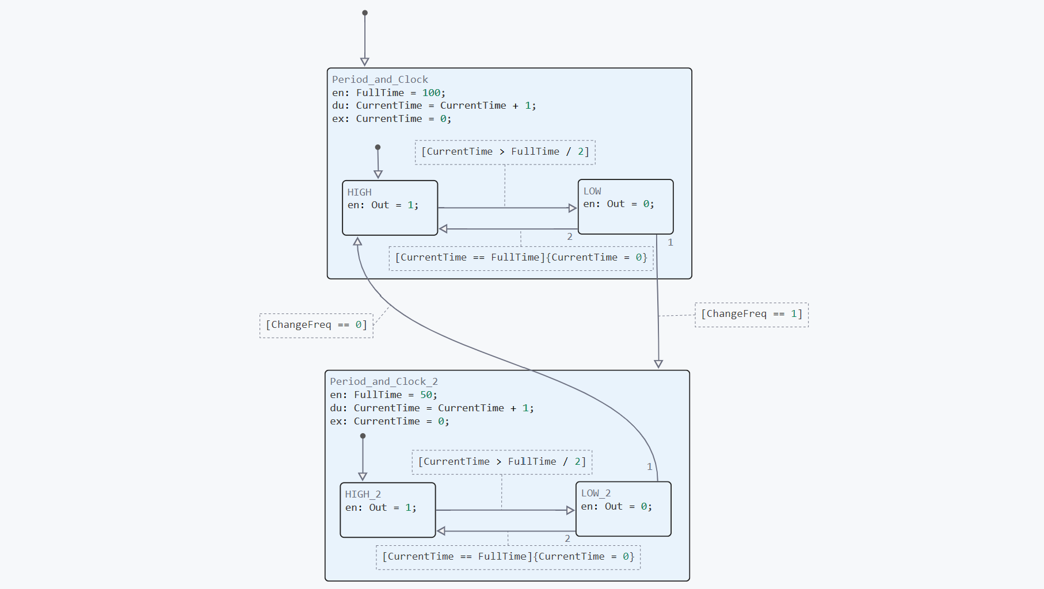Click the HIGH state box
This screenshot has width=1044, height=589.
390,208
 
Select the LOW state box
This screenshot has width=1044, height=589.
626,206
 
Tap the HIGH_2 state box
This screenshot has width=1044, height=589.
387,510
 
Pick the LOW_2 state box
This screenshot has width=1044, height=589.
623,508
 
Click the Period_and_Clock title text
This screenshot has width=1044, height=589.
380,79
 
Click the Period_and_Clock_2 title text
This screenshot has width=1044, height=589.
384,381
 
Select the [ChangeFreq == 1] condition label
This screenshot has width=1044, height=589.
751,314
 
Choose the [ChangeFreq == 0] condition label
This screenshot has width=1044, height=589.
316,325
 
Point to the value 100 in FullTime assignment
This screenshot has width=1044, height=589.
431,93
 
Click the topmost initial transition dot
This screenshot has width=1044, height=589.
365,13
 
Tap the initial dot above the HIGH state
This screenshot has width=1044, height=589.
378,147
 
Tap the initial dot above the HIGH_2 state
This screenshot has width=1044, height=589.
363,436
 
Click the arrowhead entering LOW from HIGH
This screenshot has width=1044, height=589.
573,208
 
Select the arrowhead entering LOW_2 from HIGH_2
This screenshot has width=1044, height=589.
570,510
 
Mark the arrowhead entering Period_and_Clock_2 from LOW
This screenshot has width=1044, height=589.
658,364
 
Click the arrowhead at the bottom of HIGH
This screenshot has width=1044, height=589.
357,242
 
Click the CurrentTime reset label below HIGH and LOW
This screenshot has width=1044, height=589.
521,258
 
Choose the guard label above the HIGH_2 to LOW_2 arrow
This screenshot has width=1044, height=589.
502,462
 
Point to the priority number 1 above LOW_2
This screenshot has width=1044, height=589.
650,466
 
